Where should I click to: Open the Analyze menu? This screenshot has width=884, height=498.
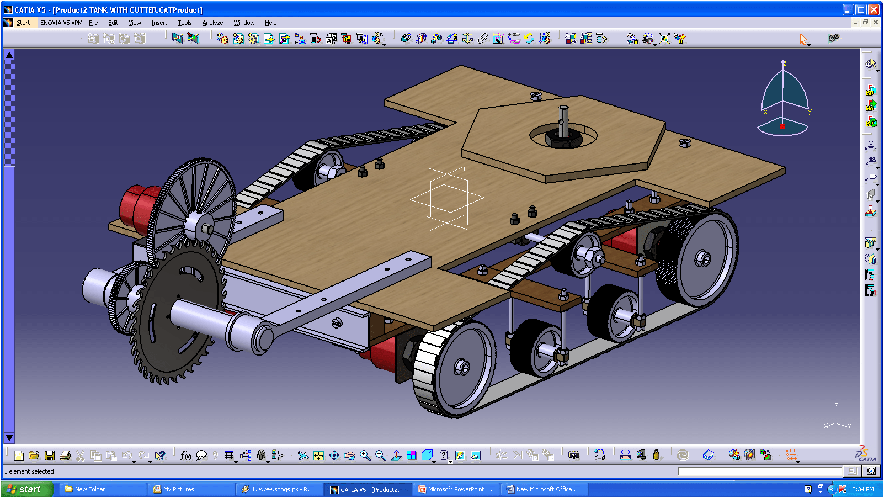(x=212, y=23)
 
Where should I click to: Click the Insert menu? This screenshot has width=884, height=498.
(x=159, y=23)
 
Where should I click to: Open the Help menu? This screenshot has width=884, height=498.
(x=270, y=23)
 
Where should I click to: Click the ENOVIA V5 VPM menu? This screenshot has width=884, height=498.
(x=61, y=23)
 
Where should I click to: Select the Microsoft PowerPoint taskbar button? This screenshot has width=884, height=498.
(x=456, y=489)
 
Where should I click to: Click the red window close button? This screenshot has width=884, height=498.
(x=874, y=9)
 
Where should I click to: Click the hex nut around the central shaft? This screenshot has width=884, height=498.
(x=563, y=138)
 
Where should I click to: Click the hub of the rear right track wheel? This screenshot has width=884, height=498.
(x=703, y=258)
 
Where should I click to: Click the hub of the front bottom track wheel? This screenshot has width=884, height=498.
(x=462, y=367)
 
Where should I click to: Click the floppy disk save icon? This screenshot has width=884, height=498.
(x=50, y=455)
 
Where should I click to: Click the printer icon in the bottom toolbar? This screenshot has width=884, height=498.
(x=65, y=455)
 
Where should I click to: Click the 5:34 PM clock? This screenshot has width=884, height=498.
(x=862, y=489)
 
